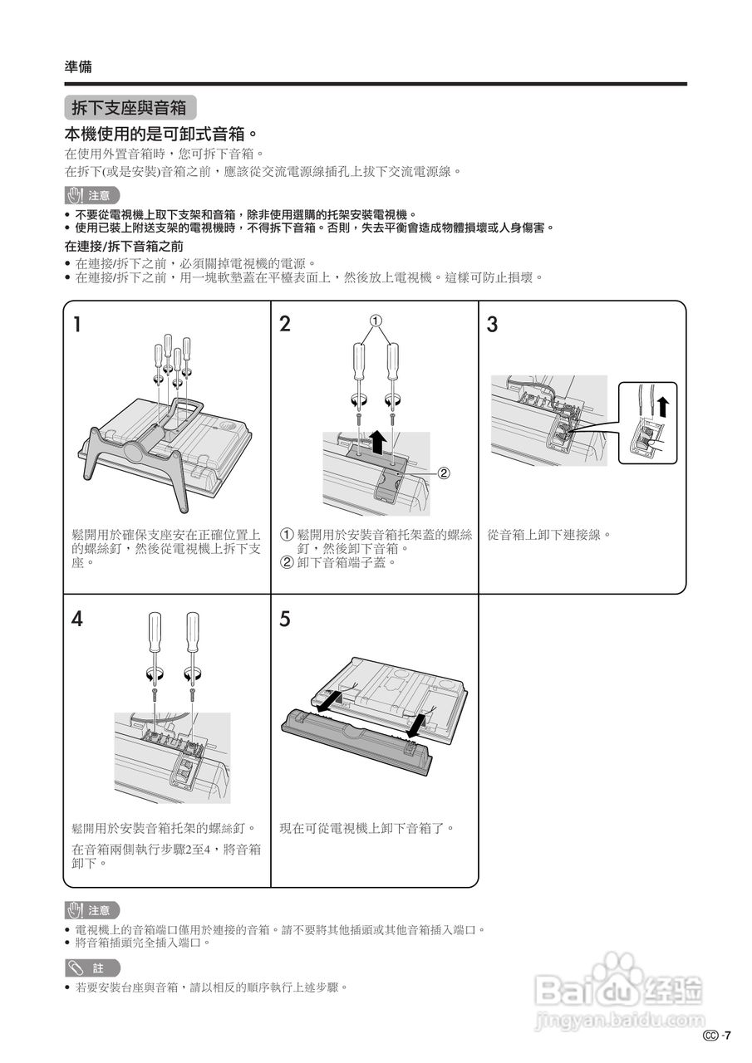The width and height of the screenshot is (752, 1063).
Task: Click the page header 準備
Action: pos(79,67)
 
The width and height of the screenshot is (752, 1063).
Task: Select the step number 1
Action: pos(76,324)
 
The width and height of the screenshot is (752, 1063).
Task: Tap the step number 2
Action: pos(285,324)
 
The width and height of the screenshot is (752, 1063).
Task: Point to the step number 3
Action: pos(492,324)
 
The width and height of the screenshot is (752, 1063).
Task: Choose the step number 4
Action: pos(76,619)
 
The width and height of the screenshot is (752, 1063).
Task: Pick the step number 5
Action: pos(285,619)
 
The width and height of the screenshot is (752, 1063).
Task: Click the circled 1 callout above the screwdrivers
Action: pos(376,320)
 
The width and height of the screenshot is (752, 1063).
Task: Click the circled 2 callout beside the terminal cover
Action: pos(443,473)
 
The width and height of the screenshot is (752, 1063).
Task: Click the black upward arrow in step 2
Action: pos(376,440)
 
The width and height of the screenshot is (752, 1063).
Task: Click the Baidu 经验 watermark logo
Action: pos(619,988)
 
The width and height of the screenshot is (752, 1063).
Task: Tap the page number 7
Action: pos(727,1035)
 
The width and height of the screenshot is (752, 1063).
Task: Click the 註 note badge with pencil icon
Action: pos(92,967)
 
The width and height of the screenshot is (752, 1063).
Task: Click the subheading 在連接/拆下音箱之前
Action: pos(124,247)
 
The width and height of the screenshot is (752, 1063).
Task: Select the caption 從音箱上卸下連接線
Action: pos(549,534)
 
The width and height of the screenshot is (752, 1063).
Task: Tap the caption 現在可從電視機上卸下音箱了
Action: pos(367,828)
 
